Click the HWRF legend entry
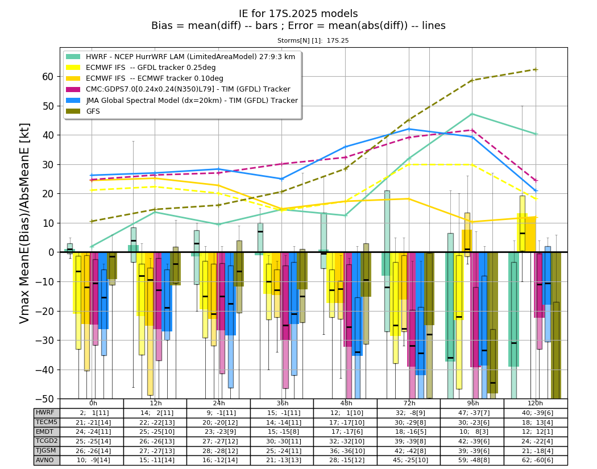(x=180, y=57)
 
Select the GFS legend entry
(x=83, y=111)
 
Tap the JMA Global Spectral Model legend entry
(x=181, y=101)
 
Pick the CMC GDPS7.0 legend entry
(x=178, y=89)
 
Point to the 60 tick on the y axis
(x=48, y=77)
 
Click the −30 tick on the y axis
(x=45, y=341)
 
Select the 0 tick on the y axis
(x=51, y=252)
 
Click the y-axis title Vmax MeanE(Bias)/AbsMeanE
(x=24, y=223)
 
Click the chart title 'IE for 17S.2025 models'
(x=298, y=14)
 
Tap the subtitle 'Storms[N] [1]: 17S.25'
(x=313, y=40)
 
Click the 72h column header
(x=409, y=403)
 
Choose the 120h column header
(x=536, y=403)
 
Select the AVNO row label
(x=45, y=460)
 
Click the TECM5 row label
(x=46, y=422)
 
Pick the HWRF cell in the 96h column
(x=472, y=413)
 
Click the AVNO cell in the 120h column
(x=536, y=460)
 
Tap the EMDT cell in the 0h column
(x=92, y=431)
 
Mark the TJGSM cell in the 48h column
(x=345, y=451)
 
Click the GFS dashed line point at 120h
(x=536, y=69)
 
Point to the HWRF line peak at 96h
(x=472, y=114)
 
